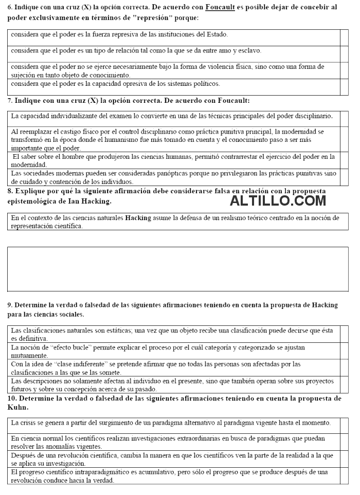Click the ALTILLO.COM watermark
(278, 200)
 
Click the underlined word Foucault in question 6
(220, 7)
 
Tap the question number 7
(10, 100)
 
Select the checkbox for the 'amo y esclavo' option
(344, 54)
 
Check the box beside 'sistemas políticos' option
(344, 87)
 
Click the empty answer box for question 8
(177, 269)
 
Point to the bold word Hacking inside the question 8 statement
(138, 218)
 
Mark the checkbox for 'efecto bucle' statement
(344, 351)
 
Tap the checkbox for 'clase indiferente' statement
(344, 368)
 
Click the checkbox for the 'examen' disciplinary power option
(344, 119)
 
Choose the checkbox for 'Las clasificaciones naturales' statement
(344, 334)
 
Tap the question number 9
(10, 305)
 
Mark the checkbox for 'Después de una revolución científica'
(344, 459)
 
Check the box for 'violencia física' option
(344, 70)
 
